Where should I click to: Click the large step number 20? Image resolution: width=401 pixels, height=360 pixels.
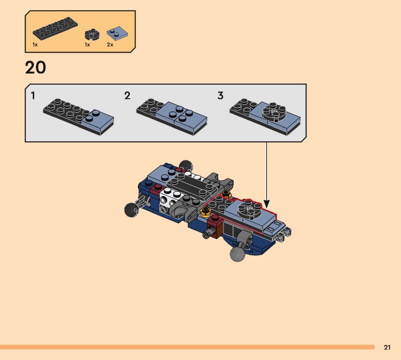(36, 68)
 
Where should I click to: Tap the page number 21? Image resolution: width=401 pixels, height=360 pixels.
(387, 347)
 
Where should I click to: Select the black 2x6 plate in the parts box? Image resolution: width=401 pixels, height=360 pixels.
(55, 29)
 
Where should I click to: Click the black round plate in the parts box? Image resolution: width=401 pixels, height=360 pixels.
(92, 35)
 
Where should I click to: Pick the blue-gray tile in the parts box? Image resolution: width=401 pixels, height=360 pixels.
(117, 33)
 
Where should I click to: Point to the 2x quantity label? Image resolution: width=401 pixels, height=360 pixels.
(110, 45)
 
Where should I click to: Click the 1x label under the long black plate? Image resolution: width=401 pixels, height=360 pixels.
(35, 45)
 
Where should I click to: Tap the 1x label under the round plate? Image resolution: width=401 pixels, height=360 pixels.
(87, 45)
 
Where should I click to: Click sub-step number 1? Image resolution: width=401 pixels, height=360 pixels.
(33, 96)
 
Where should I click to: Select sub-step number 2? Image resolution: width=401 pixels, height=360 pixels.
(127, 96)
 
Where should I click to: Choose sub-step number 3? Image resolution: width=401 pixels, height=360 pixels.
(221, 96)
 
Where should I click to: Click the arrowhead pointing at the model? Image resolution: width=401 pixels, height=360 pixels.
(267, 204)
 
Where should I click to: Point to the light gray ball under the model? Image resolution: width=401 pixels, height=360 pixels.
(237, 254)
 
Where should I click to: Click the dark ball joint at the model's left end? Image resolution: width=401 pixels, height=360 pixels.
(131, 210)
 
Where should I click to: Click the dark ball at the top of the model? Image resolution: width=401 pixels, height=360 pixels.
(185, 165)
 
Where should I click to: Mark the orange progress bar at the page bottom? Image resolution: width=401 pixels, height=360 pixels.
(187, 347)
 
